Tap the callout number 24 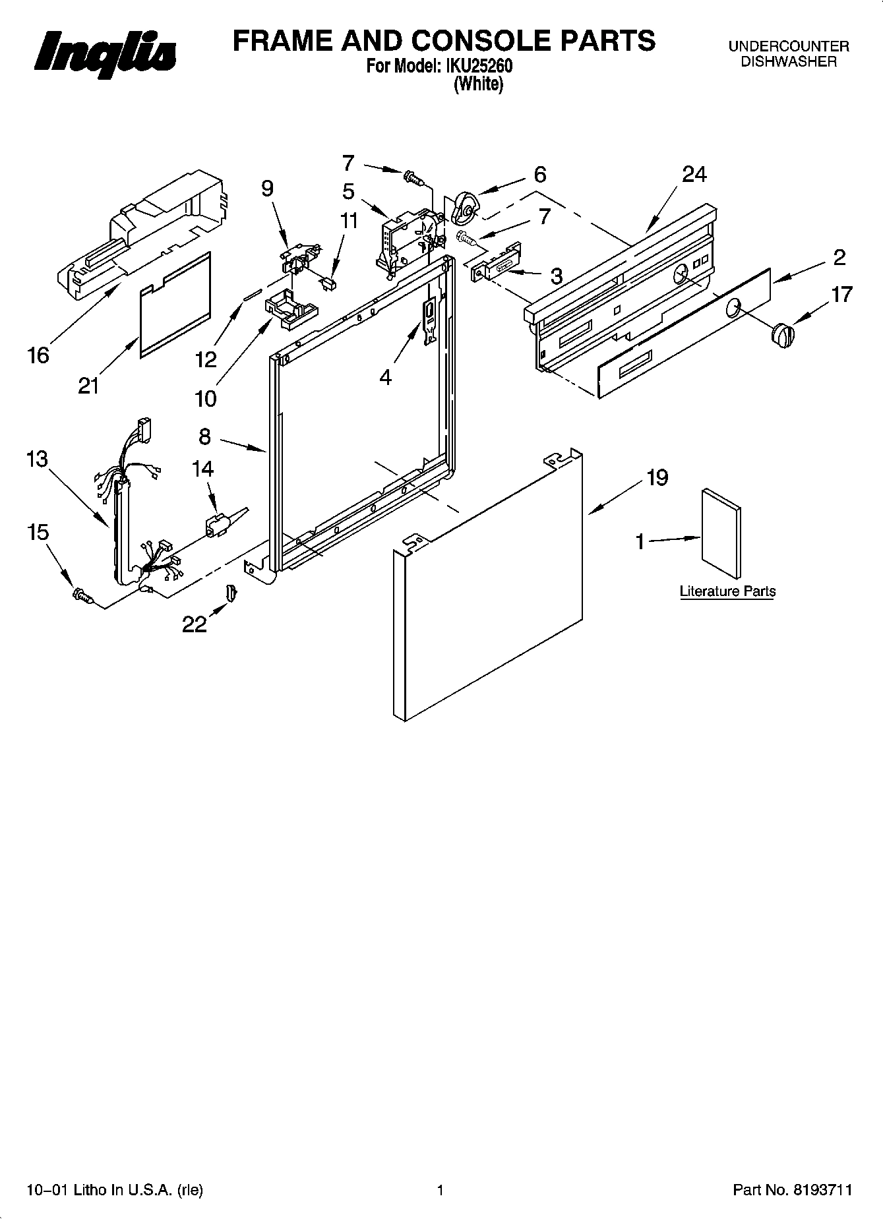[694, 175]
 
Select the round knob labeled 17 [783, 334]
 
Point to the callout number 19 [657, 477]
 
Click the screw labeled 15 [82, 596]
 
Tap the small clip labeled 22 [231, 592]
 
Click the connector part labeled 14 [218, 523]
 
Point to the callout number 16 [39, 355]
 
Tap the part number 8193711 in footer [824, 1191]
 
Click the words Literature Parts [727, 591]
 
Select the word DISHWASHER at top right [788, 62]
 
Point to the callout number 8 [204, 436]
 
